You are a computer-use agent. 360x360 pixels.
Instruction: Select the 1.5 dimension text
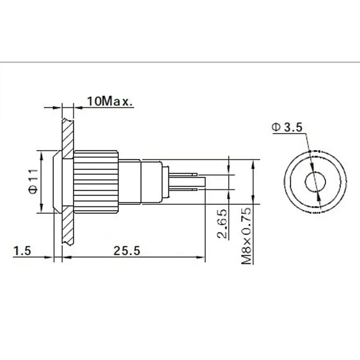tap(22, 251)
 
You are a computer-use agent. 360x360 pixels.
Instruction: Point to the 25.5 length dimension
tap(127, 251)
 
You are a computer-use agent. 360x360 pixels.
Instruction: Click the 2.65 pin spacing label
tap(222, 224)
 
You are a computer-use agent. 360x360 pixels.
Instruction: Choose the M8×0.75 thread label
tap(247, 236)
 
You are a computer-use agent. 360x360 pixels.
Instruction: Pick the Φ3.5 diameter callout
tap(287, 127)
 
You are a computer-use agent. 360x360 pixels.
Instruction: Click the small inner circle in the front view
tap(315, 182)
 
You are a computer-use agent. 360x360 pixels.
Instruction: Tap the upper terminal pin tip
tap(195, 175)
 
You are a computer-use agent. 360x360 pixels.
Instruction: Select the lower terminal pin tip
tap(195, 189)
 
